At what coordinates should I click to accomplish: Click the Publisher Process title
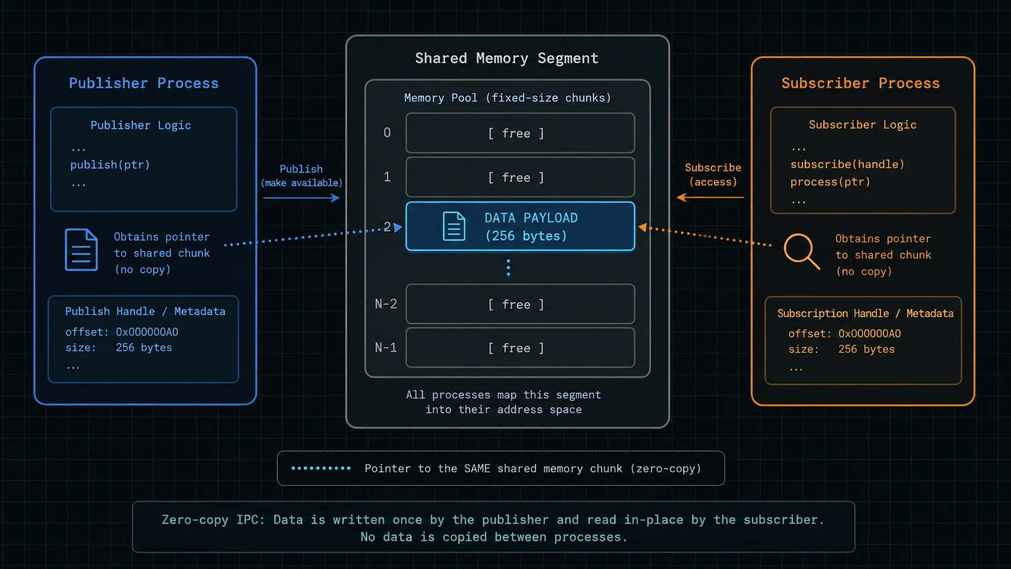point(143,83)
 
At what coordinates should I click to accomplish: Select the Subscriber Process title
point(860,83)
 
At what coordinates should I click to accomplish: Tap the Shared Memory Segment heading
point(506,58)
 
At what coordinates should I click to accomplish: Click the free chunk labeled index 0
point(520,133)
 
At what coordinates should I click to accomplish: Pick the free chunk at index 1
point(520,177)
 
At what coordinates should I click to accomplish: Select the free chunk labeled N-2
point(520,304)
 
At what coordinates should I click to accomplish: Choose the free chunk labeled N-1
point(520,348)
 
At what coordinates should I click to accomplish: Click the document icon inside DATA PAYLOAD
point(453,226)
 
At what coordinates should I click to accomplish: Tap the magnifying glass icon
point(802,252)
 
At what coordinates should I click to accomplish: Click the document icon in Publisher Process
point(81,250)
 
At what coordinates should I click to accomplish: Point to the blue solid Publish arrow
point(301,198)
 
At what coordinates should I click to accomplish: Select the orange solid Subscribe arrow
point(710,197)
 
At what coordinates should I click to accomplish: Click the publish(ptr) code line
point(109,164)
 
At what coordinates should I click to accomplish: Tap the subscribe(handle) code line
point(847,164)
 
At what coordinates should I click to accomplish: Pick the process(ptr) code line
point(830,182)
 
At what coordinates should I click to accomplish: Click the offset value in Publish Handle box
point(147,332)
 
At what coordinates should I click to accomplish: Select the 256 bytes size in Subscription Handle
point(866,350)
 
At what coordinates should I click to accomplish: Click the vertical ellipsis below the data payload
point(508,268)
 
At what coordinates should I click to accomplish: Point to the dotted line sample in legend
point(321,469)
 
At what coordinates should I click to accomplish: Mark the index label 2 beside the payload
point(387,227)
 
